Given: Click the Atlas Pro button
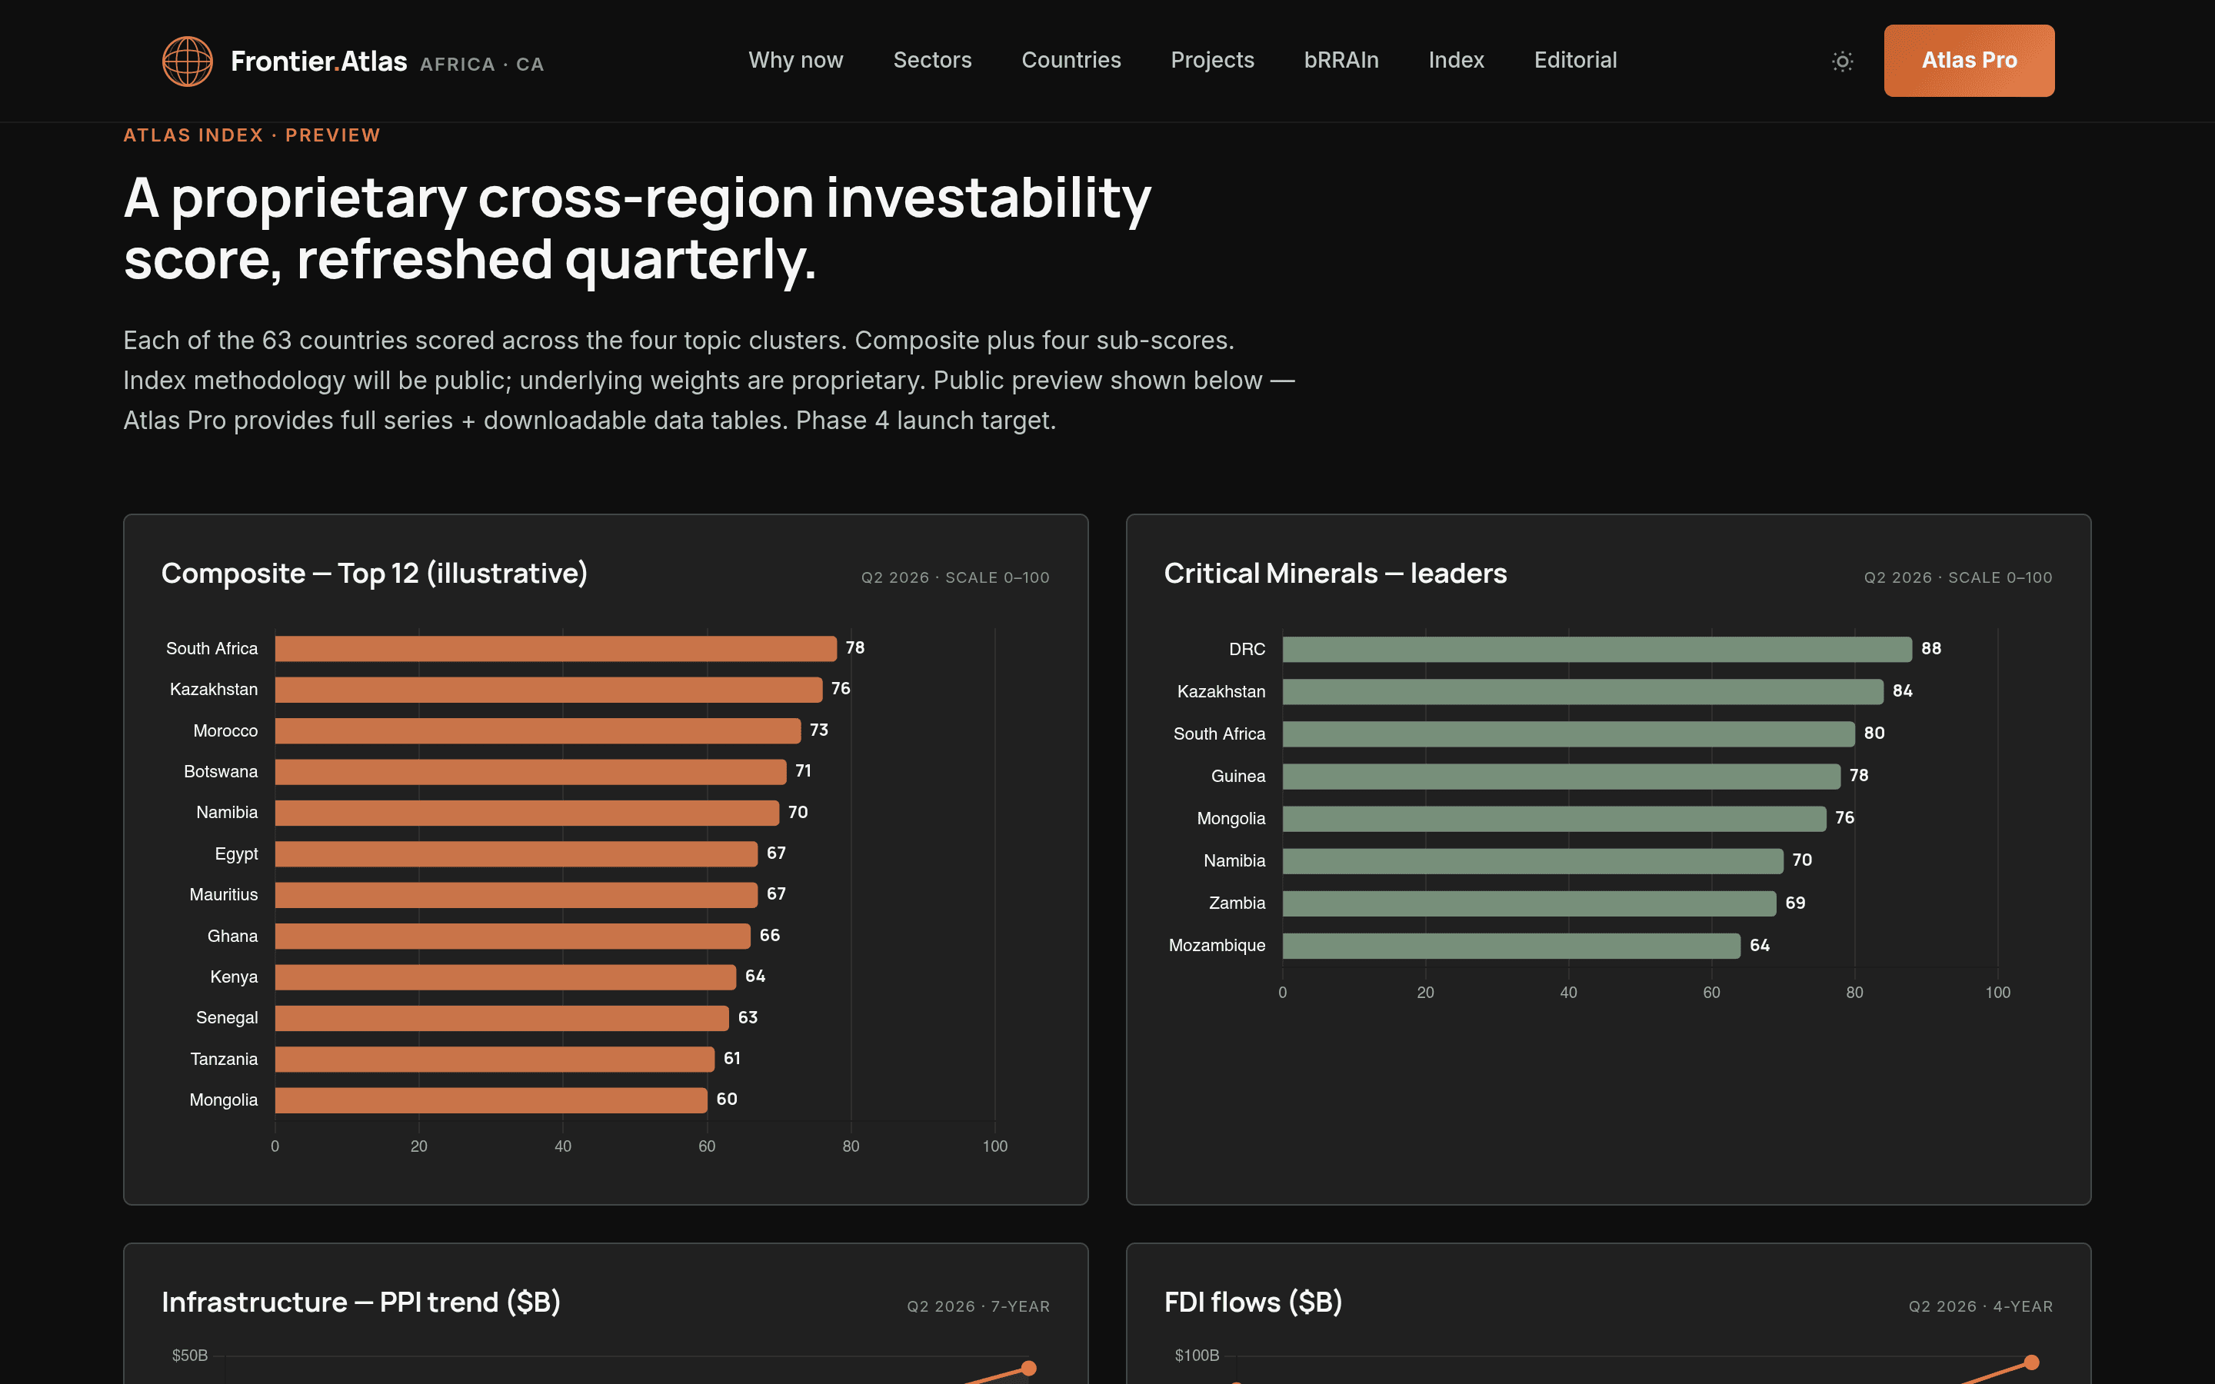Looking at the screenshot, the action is click(x=1969, y=61).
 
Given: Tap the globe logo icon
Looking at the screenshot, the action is click(x=188, y=62).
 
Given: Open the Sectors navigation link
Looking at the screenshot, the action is click(x=932, y=61).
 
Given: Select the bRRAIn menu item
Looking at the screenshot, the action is click(x=1341, y=61).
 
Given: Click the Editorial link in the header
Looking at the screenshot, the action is click(x=1575, y=61).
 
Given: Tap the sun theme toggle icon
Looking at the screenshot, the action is click(x=1843, y=62).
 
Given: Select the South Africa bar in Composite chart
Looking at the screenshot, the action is click(x=555, y=648).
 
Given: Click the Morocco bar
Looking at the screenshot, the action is click(x=538, y=730).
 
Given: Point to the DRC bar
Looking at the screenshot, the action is click(x=1597, y=649).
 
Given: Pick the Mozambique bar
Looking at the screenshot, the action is click(x=1511, y=946).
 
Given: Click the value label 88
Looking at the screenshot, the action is click(x=1931, y=648).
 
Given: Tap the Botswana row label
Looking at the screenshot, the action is click(x=221, y=772).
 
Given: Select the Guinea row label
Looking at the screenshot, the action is click(x=1238, y=777).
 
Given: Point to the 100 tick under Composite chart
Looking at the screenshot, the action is click(x=995, y=1146).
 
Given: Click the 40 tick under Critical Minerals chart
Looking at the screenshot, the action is click(x=1569, y=992).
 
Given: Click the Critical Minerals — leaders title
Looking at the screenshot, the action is click(x=1335, y=573).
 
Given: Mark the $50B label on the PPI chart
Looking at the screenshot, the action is click(x=189, y=1355).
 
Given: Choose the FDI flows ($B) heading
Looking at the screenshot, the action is click(x=1253, y=1302).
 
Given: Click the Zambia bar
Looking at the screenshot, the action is click(x=1530, y=903).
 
